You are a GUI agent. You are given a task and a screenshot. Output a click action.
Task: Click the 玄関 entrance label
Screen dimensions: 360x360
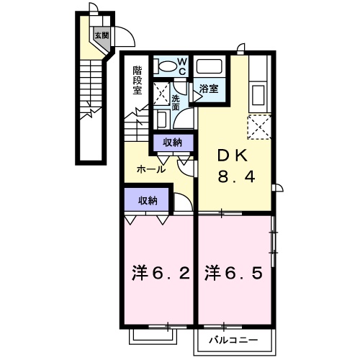click(x=102, y=35)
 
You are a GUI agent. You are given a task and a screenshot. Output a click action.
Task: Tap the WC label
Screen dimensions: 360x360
click(x=182, y=67)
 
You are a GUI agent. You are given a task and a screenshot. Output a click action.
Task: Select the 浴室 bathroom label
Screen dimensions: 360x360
click(x=209, y=89)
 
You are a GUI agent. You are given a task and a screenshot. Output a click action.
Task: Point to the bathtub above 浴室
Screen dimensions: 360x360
click(x=209, y=66)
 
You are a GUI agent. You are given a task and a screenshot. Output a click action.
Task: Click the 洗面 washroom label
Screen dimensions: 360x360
click(x=176, y=103)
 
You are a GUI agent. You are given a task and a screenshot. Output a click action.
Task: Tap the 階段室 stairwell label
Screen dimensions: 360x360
click(x=138, y=81)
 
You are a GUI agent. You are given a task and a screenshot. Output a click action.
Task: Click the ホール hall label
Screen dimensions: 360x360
click(x=151, y=170)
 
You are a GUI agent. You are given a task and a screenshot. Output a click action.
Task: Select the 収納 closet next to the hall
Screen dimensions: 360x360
click(x=173, y=143)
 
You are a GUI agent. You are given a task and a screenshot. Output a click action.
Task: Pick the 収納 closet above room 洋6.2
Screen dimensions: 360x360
click(x=147, y=199)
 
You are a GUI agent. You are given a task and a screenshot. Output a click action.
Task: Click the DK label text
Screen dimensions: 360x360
click(x=233, y=157)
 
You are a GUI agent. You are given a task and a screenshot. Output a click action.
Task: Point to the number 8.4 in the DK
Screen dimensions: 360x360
click(x=236, y=177)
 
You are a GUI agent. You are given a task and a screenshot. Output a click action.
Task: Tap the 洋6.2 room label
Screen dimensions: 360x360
click(x=161, y=274)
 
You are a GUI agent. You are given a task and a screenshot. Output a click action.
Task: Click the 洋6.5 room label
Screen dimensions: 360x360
click(x=234, y=274)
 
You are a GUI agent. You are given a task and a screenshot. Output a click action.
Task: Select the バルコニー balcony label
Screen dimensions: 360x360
click(x=233, y=340)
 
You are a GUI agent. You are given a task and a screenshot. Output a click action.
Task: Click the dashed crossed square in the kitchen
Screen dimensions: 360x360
click(x=259, y=127)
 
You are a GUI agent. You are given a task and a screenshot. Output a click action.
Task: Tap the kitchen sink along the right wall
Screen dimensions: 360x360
click(x=258, y=95)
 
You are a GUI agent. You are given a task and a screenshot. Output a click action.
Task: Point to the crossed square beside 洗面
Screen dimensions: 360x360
click(x=161, y=94)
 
